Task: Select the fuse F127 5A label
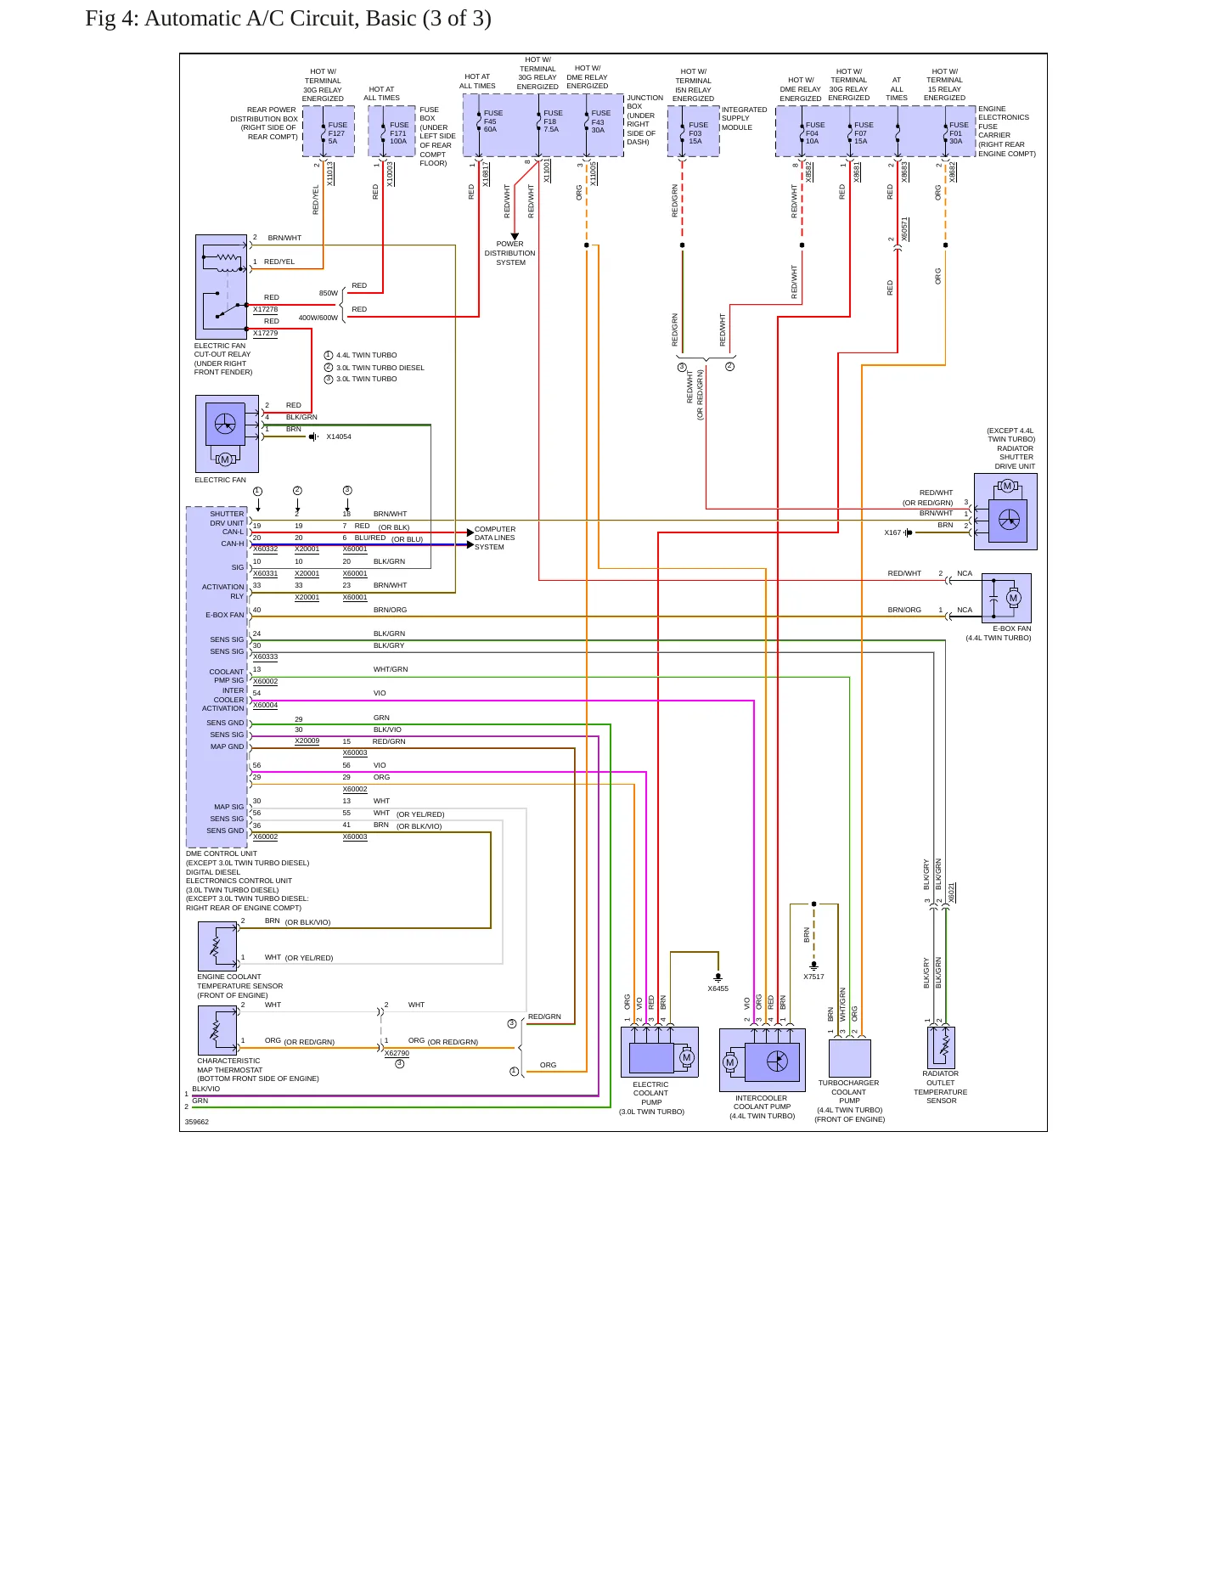pos(337,133)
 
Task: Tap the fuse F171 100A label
pos(398,133)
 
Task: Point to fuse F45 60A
pos(492,121)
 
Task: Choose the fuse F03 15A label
pos(697,133)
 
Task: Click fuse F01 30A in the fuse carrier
pos(958,133)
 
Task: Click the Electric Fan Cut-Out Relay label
pos(223,358)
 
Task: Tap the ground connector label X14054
pos(339,436)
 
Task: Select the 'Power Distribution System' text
pos(510,253)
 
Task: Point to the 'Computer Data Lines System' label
pos(495,538)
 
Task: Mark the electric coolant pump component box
pos(660,1052)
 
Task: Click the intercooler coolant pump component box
pos(763,1060)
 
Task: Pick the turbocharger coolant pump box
pos(850,1058)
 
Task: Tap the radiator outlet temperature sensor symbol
pos(942,1047)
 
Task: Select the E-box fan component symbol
pos(1006,599)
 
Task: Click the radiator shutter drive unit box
pos(1005,511)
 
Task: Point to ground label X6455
pos(718,988)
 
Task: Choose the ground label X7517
pos(813,977)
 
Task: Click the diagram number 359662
pos(197,1122)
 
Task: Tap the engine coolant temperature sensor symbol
pos(218,946)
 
